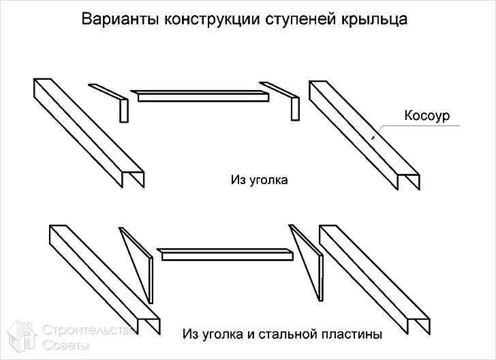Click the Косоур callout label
click(427, 116)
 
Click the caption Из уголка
click(259, 181)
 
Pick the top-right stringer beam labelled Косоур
click(361, 133)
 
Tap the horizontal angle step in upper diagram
click(202, 96)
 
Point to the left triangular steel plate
click(140, 262)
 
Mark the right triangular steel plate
click(307, 262)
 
